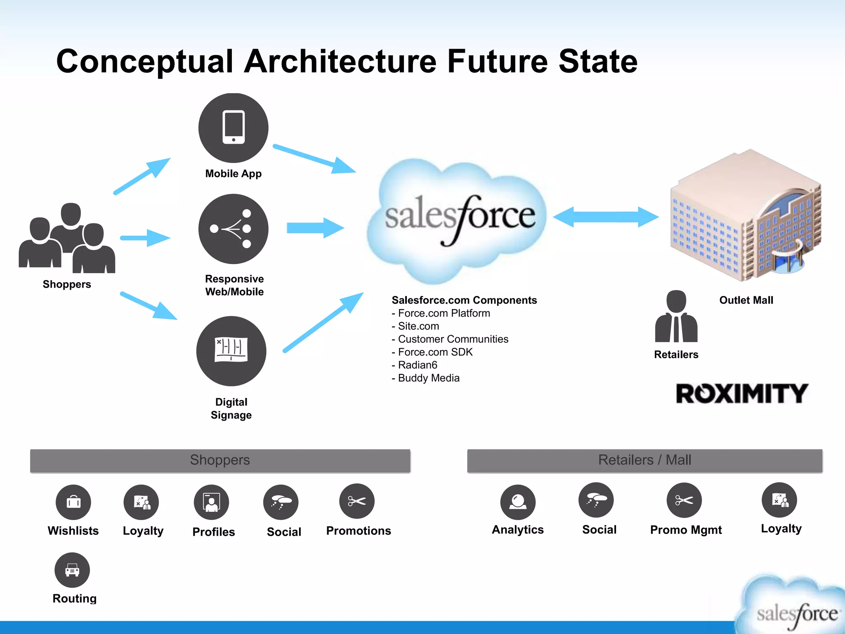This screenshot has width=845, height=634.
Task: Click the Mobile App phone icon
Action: pos(233,128)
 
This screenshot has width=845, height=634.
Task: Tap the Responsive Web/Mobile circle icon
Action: pos(233,229)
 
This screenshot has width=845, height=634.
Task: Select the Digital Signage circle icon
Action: pos(231,351)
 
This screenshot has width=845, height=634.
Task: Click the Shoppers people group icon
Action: pos(67,239)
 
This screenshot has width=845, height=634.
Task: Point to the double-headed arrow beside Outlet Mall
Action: pos(605,217)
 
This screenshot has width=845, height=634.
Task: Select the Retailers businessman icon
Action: pos(676,317)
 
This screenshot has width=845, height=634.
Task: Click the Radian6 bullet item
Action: pos(415,365)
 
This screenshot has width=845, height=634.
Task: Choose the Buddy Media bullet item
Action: pos(426,378)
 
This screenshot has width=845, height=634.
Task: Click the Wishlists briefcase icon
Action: pos(73,502)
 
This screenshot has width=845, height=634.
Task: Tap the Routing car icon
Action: pos(72,570)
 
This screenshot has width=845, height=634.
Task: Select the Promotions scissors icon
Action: pos(356,501)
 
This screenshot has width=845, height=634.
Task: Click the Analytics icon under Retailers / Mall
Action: pos(517,502)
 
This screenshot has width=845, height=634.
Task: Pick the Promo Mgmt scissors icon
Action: pos(684,500)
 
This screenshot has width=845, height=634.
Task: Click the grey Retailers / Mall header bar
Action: pos(644,460)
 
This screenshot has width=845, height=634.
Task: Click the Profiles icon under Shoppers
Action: pos(211,502)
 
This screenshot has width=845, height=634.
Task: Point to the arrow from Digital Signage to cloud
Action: pos(323,322)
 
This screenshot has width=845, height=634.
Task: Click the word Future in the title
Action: pos(497,62)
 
